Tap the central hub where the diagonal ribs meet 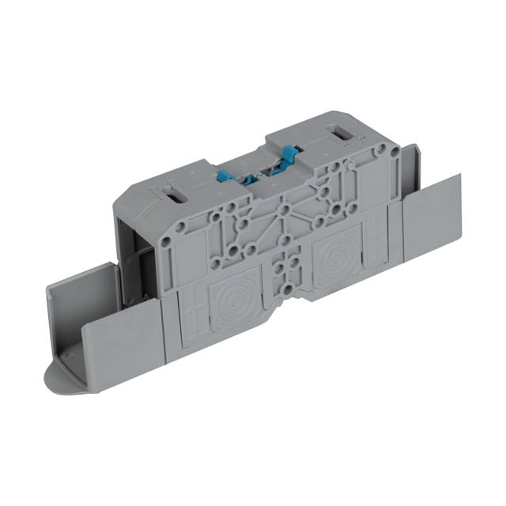click(283, 213)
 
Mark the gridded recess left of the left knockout click(191, 316)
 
